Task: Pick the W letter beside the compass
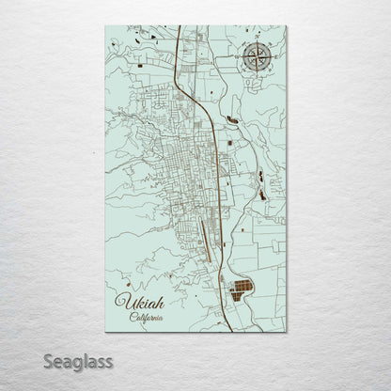pos(236,58)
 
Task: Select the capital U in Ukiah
pos(119,303)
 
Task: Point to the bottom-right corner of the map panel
pos(287,332)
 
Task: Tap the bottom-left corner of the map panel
pos(105,332)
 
